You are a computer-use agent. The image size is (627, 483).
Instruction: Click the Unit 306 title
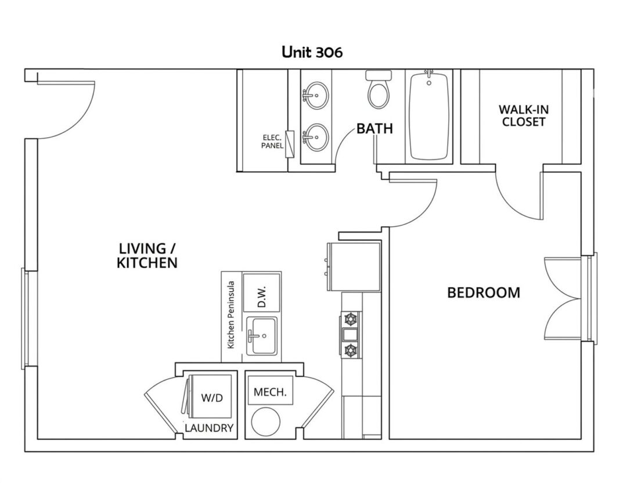point(312,52)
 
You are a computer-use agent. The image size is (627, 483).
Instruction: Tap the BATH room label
point(374,129)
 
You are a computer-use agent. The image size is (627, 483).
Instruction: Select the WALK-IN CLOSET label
point(524,115)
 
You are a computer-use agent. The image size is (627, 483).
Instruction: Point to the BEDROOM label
point(484,292)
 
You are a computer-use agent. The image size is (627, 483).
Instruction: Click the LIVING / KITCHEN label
point(147,255)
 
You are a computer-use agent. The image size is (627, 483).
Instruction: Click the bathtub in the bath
point(429,115)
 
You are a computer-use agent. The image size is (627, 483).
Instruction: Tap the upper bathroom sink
point(317,95)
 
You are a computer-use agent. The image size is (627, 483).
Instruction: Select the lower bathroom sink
point(317,137)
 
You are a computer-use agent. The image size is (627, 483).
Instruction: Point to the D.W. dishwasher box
point(262,293)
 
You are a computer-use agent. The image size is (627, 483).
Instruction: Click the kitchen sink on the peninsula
point(261,336)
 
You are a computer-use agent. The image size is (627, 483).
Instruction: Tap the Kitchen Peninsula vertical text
point(230,315)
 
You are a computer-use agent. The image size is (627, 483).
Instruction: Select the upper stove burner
point(351,319)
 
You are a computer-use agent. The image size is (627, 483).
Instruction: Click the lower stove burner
point(351,350)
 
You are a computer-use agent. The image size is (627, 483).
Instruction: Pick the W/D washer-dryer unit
point(209,396)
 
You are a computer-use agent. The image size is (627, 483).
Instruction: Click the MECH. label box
point(271,392)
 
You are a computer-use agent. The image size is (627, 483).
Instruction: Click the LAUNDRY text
point(209,428)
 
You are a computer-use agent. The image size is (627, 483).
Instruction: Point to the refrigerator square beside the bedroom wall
point(354,267)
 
